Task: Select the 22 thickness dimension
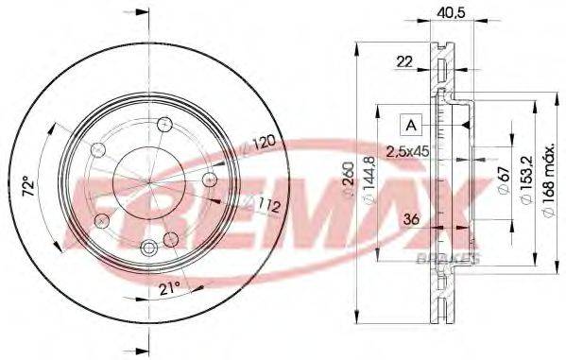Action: [403, 62]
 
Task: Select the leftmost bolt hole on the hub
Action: [96, 149]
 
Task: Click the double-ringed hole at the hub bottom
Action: [148, 248]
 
